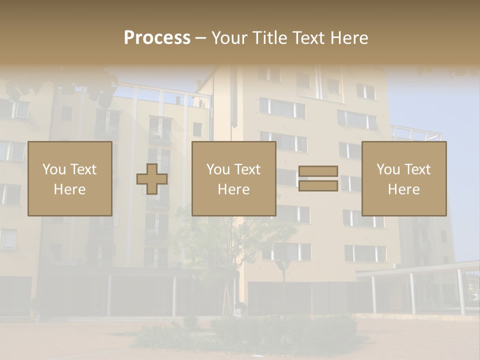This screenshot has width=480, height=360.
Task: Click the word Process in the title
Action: pyautogui.click(x=157, y=38)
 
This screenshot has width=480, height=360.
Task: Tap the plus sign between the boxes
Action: pyautogui.click(x=152, y=179)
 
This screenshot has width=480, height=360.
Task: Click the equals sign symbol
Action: pyautogui.click(x=318, y=178)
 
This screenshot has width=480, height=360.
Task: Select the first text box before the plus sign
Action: pyautogui.click(x=70, y=178)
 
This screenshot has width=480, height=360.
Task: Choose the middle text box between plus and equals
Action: pyautogui.click(x=233, y=178)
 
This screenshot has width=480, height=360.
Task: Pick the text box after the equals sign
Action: pyautogui.click(x=404, y=178)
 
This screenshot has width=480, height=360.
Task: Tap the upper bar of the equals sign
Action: pyautogui.click(x=318, y=171)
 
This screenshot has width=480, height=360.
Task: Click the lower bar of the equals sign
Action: pyautogui.click(x=318, y=186)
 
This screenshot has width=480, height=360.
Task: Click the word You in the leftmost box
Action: pyautogui.click(x=54, y=169)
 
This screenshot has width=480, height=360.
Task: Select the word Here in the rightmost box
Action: pyautogui.click(x=404, y=189)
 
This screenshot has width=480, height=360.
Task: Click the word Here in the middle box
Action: pyautogui.click(x=233, y=189)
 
